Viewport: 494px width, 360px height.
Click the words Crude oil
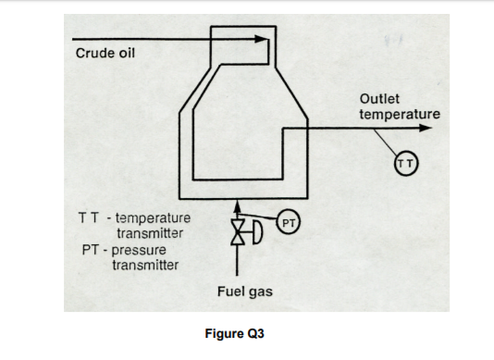click(104, 52)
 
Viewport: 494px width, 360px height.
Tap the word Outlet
click(379, 98)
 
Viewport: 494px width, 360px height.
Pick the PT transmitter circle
click(288, 222)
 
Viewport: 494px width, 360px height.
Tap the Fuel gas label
click(243, 292)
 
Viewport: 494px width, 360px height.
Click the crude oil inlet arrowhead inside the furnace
click(265, 40)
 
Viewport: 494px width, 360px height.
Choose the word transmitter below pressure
click(146, 265)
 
